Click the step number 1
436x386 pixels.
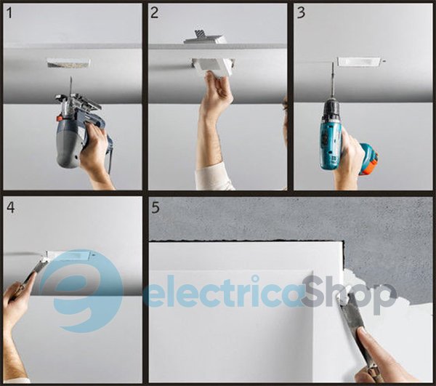click(9, 13)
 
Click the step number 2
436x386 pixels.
click(155, 13)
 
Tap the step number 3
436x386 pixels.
click(301, 13)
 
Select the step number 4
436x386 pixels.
click(11, 207)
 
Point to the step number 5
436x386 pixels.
click(156, 207)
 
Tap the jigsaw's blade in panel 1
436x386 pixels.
click(71, 85)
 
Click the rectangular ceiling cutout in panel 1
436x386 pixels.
click(69, 63)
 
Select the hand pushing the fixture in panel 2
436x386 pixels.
click(216, 95)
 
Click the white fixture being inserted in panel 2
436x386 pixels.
click(214, 67)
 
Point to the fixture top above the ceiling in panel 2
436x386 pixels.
click(204, 38)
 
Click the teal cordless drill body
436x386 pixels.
click(331, 134)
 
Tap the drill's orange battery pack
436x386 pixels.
click(368, 159)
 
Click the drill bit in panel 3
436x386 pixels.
click(333, 81)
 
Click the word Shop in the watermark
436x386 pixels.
click(349, 295)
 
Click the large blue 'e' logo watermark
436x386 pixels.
click(81, 291)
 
